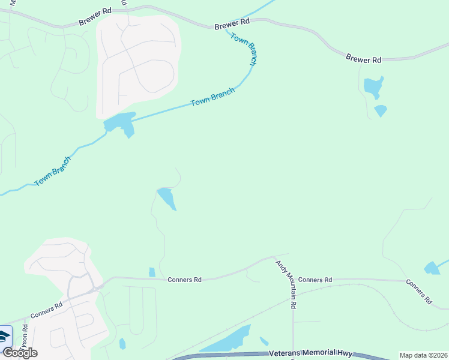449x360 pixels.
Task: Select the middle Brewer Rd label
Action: click(232, 23)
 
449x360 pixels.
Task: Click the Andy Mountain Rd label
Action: click(286, 284)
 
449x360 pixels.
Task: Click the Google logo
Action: click(19, 352)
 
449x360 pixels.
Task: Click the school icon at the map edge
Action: click(5, 336)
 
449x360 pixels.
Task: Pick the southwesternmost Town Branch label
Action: click(52, 171)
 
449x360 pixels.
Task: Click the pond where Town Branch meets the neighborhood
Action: click(120, 123)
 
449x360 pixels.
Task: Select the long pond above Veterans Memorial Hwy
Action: click(227, 340)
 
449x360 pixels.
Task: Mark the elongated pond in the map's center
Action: click(166, 198)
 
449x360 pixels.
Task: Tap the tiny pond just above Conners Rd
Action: click(152, 272)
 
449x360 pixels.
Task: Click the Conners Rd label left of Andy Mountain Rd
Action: click(184, 280)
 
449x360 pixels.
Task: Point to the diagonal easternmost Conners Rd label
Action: click(418, 292)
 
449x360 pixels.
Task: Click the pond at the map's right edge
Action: click(432, 268)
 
